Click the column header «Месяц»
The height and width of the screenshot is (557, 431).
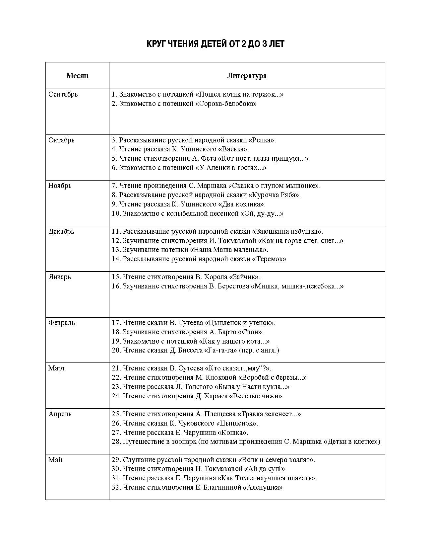click(77, 75)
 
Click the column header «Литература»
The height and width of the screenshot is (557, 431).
click(247, 75)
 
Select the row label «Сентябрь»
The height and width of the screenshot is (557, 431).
click(63, 94)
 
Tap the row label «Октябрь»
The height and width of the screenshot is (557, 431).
click(61, 140)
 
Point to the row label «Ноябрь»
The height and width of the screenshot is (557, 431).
click(60, 186)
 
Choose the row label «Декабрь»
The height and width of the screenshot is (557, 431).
click(61, 231)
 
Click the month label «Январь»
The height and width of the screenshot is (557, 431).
click(60, 277)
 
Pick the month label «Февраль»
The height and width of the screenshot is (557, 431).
click(62, 323)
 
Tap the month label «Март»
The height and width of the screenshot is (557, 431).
click(57, 368)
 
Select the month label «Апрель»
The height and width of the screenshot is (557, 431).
click(60, 414)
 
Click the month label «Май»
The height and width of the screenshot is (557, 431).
click(55, 460)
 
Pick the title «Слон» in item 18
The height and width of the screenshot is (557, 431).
click(253, 332)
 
